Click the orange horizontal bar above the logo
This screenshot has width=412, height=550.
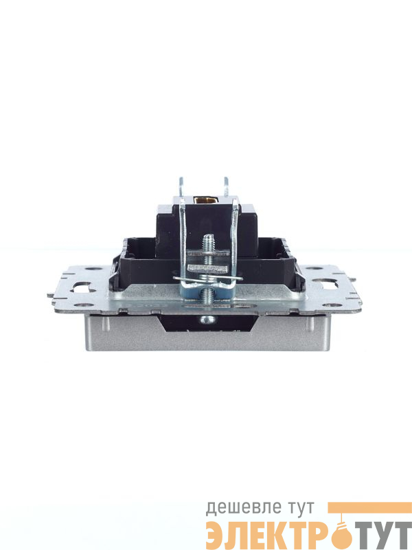pos(369,507)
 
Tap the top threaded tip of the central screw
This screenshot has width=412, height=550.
pos(209,237)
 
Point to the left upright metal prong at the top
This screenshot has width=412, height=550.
pos(181,186)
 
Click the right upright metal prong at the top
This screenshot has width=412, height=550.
pos(227,186)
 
